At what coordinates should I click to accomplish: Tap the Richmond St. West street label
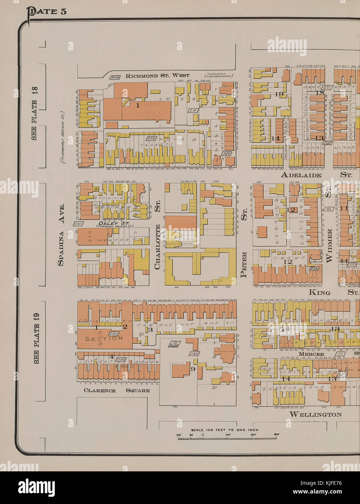pyautogui.click(x=157, y=76)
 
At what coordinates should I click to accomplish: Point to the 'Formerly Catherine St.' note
pyautogui.click(x=218, y=75)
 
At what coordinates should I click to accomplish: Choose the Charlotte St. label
pyautogui.click(x=157, y=247)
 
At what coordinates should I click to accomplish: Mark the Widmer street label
pyautogui.click(x=329, y=245)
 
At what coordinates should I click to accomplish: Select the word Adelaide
pyautogui.click(x=301, y=175)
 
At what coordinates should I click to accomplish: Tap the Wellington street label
pyautogui.click(x=315, y=414)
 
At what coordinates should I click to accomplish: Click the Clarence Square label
pyautogui.click(x=116, y=391)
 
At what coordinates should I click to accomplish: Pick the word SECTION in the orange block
pyautogui.click(x=104, y=338)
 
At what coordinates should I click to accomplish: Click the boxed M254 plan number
pyautogui.click(x=115, y=77)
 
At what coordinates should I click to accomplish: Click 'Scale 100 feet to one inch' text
pyautogui.click(x=225, y=430)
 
